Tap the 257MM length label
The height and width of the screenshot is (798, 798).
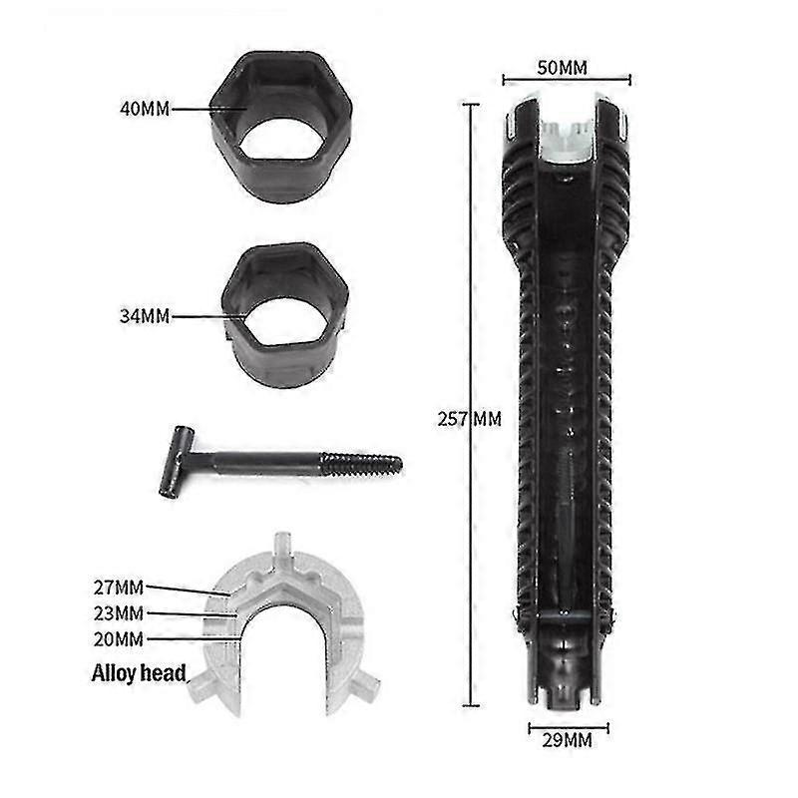click(468, 419)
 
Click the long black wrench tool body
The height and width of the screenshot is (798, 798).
click(559, 399)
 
